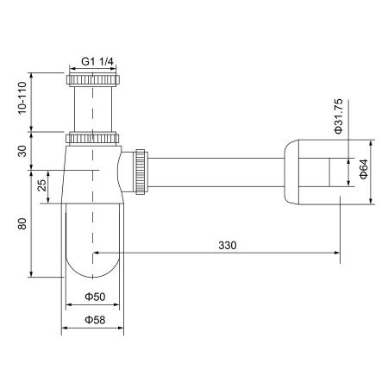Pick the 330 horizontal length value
(x=227, y=245)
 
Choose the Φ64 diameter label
(x=363, y=169)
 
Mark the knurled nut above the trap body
(x=93, y=137)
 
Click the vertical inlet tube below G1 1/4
(x=93, y=108)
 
